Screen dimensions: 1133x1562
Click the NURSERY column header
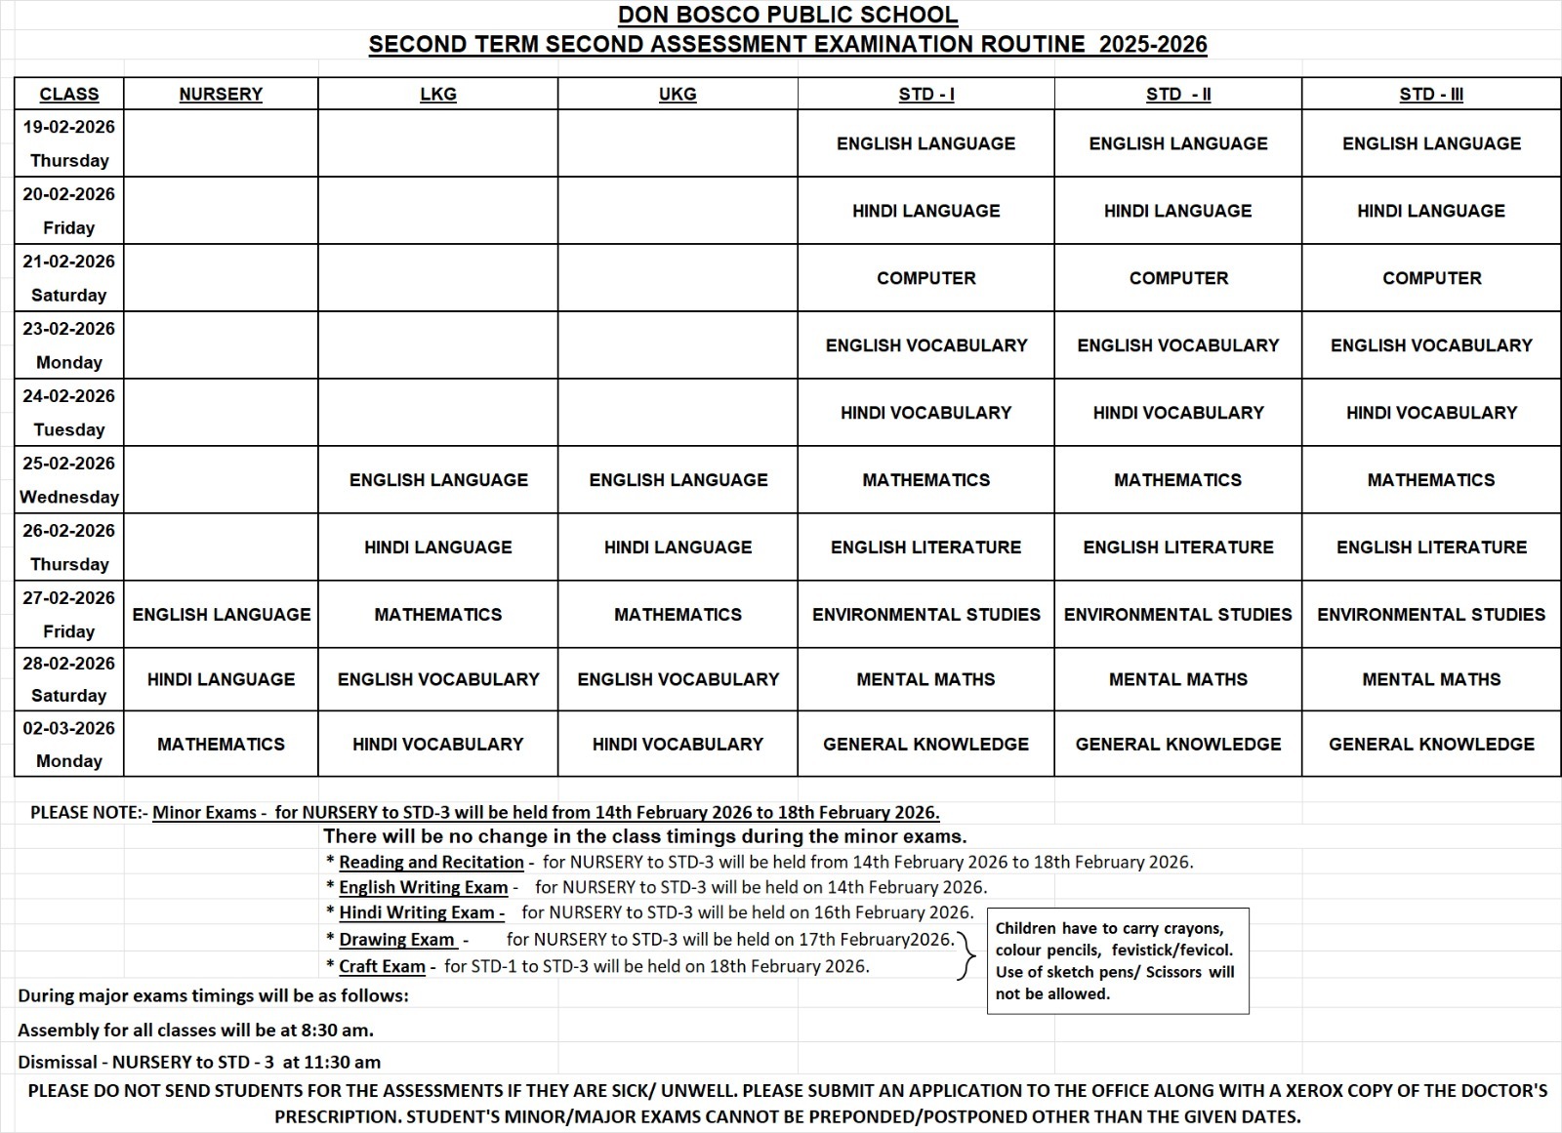click(221, 94)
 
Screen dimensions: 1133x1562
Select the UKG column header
click(678, 94)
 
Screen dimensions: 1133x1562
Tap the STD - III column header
click(1431, 94)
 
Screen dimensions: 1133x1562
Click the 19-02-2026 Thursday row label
click(68, 143)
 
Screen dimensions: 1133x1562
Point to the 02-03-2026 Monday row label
click(68, 744)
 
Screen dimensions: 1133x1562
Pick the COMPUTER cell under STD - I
click(925, 278)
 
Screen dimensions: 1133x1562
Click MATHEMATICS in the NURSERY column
click(221, 744)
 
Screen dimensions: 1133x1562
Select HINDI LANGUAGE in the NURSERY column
click(221, 679)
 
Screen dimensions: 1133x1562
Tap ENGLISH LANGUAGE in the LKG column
click(438, 480)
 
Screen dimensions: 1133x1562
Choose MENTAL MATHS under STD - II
click(1177, 679)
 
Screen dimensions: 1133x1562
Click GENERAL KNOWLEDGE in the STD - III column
click(1431, 744)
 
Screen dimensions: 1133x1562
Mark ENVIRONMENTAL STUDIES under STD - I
click(925, 615)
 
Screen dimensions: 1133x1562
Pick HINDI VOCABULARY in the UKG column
click(678, 744)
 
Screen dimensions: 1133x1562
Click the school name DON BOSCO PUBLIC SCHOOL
click(787, 16)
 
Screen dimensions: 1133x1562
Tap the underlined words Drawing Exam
click(397, 940)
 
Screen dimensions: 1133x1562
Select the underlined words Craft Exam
click(382, 966)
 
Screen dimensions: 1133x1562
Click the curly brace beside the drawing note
click(966, 954)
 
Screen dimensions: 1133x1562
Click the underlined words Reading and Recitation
click(431, 862)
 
